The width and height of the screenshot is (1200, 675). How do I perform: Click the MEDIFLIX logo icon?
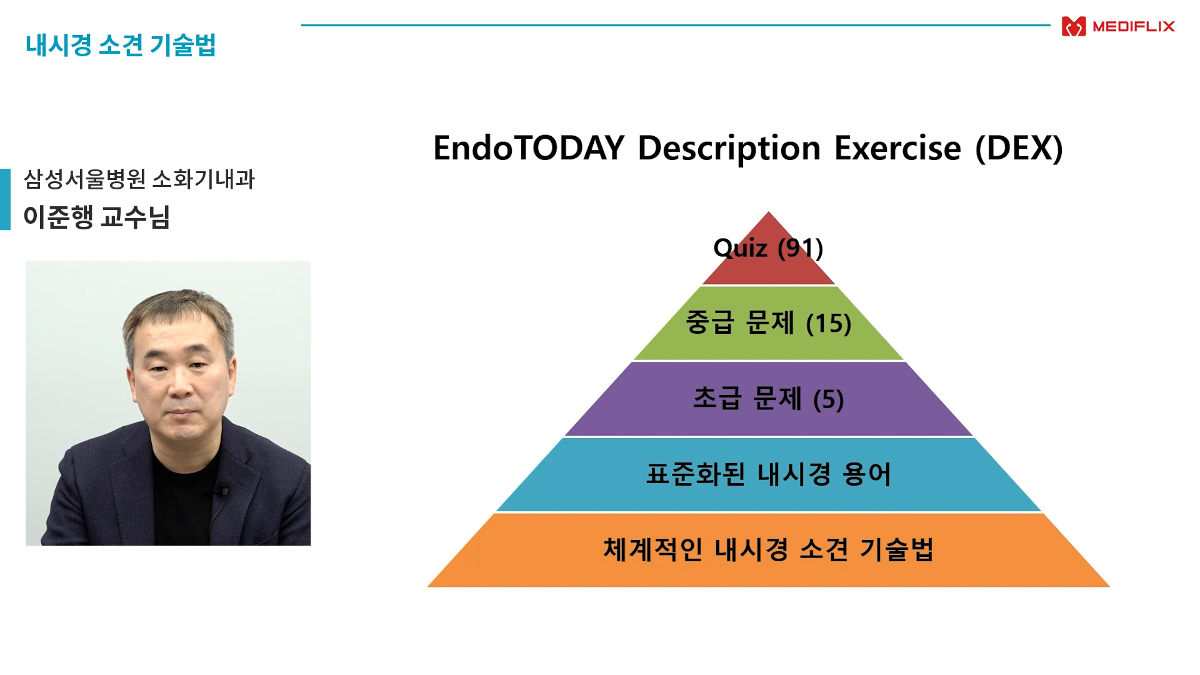point(1074,26)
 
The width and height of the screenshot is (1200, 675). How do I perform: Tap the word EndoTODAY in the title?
point(529,148)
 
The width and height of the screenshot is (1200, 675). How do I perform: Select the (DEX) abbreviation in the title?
point(1019,149)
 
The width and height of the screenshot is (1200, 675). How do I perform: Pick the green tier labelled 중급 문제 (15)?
point(769,323)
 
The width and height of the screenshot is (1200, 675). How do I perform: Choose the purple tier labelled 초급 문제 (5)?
point(769,399)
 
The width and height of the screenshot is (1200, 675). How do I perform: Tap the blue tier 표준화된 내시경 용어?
point(769,474)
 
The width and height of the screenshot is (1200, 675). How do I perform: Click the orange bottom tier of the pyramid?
point(769,550)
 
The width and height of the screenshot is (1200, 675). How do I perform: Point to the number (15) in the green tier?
point(829,324)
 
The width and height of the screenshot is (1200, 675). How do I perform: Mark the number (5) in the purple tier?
point(829,399)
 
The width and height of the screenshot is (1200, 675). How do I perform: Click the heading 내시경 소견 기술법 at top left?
point(121,45)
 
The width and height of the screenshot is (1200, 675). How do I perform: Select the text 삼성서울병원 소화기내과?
point(139,179)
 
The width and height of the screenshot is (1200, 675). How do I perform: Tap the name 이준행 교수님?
point(97,217)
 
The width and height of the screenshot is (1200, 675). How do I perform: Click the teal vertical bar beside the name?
point(5,199)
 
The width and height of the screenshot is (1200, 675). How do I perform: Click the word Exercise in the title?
point(898,148)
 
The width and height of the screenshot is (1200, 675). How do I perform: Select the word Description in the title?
point(729,149)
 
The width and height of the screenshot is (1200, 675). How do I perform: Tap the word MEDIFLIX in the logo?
point(1134,26)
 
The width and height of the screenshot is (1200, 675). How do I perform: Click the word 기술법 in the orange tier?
point(897,549)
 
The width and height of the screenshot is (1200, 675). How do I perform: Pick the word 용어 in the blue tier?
point(867,474)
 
